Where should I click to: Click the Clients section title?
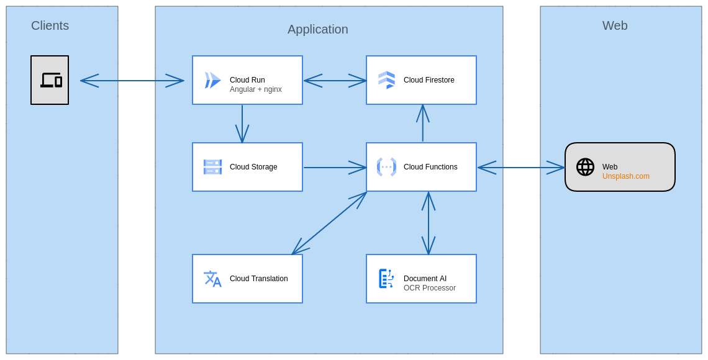pyautogui.click(x=50, y=25)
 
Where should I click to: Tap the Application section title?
pyautogui.click(x=317, y=29)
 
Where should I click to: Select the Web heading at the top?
pyautogui.click(x=615, y=25)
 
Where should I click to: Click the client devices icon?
pyautogui.click(x=50, y=80)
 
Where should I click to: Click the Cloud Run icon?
pyautogui.click(x=212, y=80)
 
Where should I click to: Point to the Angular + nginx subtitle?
pyautogui.click(x=255, y=89)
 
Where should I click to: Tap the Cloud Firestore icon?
pyautogui.click(x=386, y=80)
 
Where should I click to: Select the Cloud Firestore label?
pyautogui.click(x=429, y=80)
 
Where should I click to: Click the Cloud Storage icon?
pyautogui.click(x=212, y=167)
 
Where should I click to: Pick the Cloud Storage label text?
pyautogui.click(x=253, y=167)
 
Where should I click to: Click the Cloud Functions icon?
pyautogui.click(x=386, y=167)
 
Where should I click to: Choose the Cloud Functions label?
pyautogui.click(x=430, y=167)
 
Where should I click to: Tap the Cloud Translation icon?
pyautogui.click(x=212, y=279)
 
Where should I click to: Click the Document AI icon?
pyautogui.click(x=386, y=279)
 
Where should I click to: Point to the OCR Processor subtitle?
pyautogui.click(x=429, y=288)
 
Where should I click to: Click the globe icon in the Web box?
pyautogui.click(x=585, y=167)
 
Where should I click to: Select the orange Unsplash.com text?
pyautogui.click(x=625, y=176)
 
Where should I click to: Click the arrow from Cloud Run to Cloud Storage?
pyautogui.click(x=242, y=124)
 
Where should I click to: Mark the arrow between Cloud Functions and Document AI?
pyautogui.click(x=429, y=223)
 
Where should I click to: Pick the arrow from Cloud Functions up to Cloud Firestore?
pyautogui.click(x=423, y=124)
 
